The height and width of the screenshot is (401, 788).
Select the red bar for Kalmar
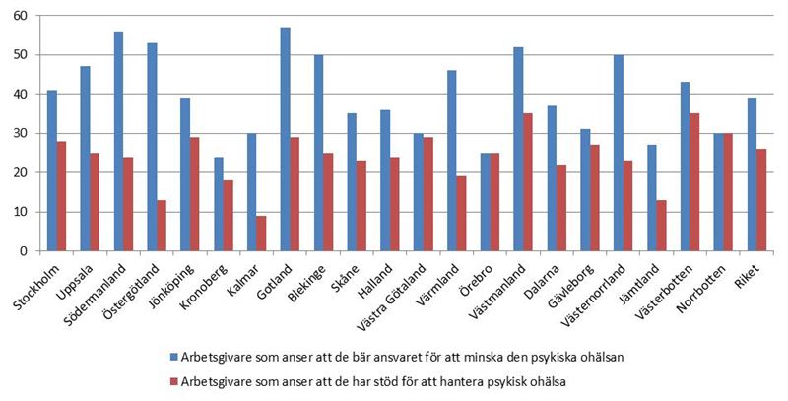261,234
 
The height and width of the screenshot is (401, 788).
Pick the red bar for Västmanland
529,182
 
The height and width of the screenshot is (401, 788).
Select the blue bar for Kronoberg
218,204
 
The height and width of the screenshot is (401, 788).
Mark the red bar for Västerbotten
696,182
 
